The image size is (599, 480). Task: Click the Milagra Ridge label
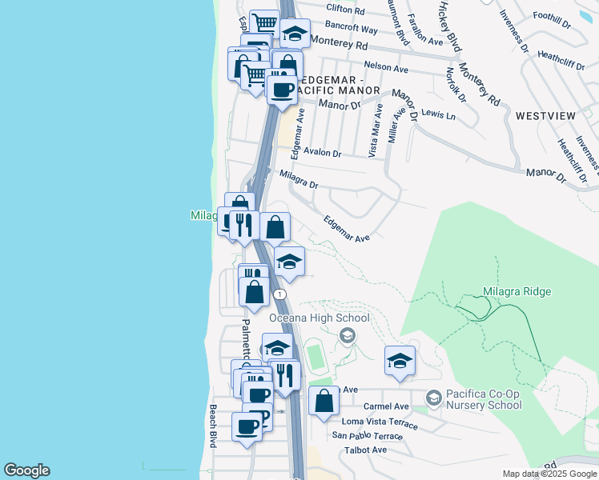(517, 291)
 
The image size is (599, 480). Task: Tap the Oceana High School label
(319, 318)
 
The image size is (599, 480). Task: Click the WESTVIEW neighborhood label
(545, 116)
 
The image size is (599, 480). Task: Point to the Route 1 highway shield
(279, 294)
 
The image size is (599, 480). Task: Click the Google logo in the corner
(26, 470)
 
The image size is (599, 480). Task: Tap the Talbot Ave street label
(364, 450)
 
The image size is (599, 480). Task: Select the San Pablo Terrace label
(368, 436)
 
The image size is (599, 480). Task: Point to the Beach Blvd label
(213, 426)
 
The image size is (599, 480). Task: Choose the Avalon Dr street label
(322, 154)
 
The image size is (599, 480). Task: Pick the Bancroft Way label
(347, 27)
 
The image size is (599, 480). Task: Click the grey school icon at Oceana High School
(347, 335)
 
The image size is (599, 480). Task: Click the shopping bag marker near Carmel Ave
(323, 401)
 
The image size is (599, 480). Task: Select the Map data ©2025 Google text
(550, 474)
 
